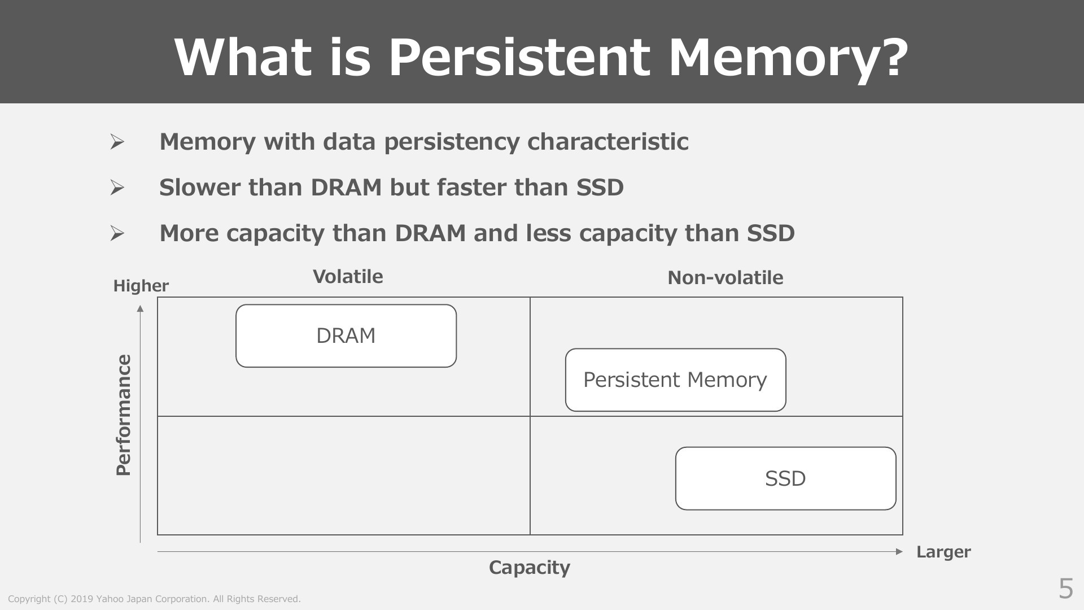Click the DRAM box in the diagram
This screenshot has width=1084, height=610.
pos(346,336)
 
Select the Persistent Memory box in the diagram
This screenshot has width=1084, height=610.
pos(676,380)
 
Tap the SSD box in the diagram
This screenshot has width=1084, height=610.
pos(786,478)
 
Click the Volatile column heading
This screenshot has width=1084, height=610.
pos(348,277)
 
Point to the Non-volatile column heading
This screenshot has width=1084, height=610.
pos(725,278)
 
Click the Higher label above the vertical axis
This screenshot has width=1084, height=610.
pos(141,286)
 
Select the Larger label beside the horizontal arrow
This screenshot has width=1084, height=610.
pos(943,552)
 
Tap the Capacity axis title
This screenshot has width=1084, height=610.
pos(530,568)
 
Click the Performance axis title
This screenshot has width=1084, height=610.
pos(124,415)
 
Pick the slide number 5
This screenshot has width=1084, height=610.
pos(1065,589)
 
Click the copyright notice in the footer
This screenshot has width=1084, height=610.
pos(154,599)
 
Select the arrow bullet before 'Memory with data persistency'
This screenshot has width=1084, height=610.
pos(117,142)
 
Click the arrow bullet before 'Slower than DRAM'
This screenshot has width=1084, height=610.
pos(117,188)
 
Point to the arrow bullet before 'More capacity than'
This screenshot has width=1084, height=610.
pos(117,233)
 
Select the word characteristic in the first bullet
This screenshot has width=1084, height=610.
pos(607,142)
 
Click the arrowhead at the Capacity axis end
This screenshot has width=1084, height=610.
pos(899,552)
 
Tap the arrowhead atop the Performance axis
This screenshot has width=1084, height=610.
pos(140,308)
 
